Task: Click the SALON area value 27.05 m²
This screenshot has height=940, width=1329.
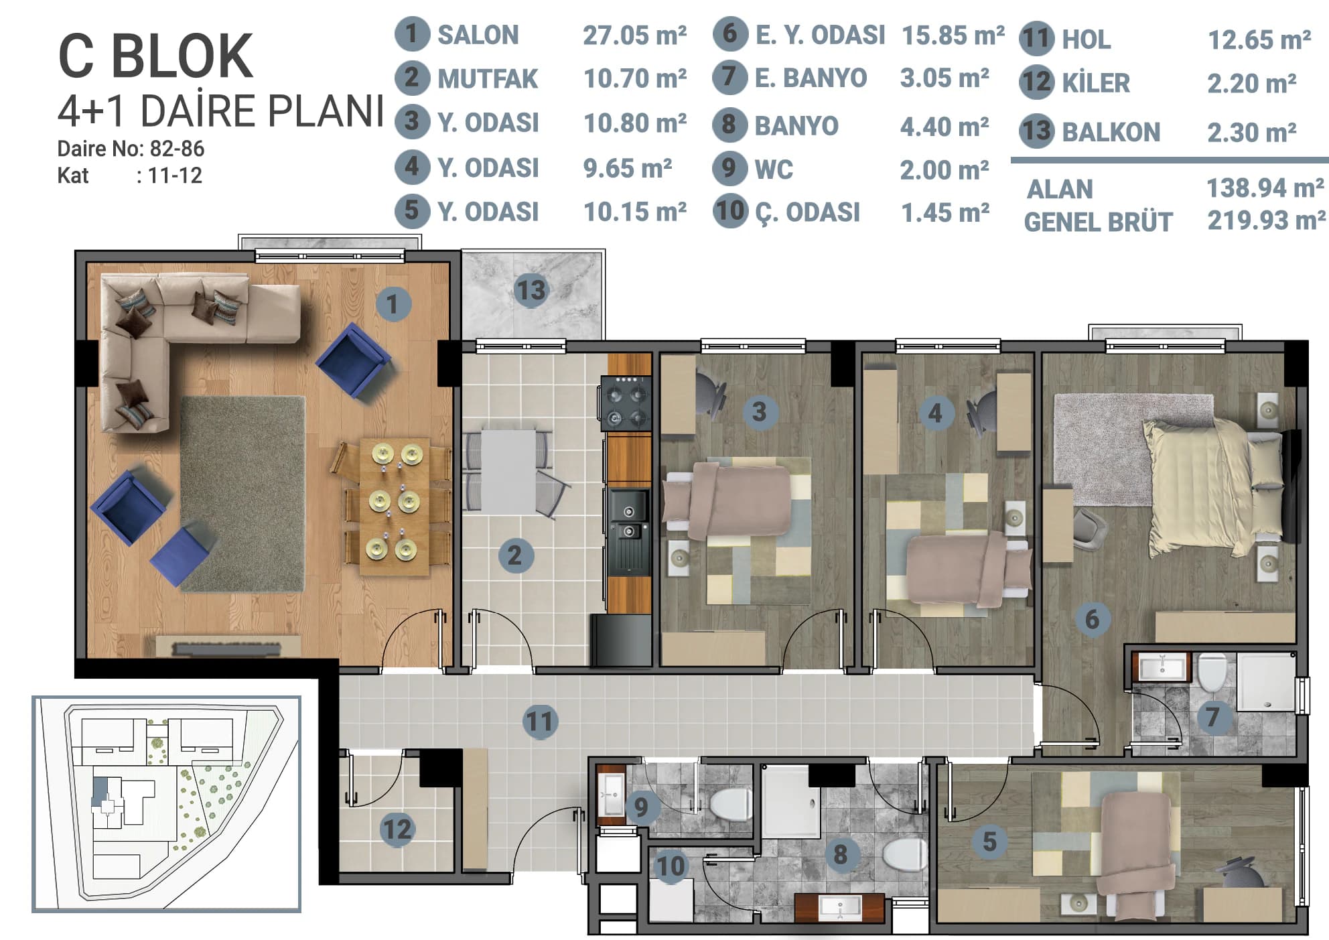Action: (634, 35)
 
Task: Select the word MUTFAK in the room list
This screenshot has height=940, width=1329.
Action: (487, 79)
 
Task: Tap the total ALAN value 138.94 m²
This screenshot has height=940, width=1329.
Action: (1265, 188)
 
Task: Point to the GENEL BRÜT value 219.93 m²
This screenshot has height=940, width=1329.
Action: (1266, 220)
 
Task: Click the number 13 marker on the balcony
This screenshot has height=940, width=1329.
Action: (531, 291)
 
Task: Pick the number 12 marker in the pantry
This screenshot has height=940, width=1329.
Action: (397, 829)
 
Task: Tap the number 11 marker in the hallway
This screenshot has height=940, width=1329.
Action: (540, 722)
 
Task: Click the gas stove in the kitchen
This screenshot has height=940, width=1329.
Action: (626, 402)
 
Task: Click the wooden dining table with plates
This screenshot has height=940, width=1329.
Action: (394, 507)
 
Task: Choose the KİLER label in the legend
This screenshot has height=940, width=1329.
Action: (1095, 83)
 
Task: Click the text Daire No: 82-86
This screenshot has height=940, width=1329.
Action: (131, 148)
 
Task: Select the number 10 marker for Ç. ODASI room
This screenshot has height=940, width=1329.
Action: (671, 866)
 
